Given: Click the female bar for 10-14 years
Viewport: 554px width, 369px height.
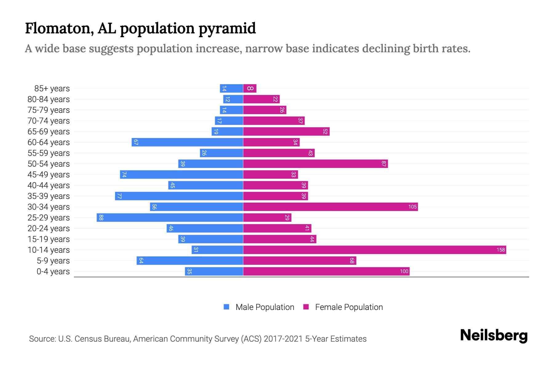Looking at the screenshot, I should click(x=375, y=250).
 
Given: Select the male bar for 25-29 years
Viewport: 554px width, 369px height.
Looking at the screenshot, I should click(x=170, y=218).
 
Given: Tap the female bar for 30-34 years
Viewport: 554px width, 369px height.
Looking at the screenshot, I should click(x=330, y=207).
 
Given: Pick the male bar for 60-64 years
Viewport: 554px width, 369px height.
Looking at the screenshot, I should click(x=187, y=142).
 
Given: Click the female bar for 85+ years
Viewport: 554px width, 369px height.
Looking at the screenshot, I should click(x=250, y=89).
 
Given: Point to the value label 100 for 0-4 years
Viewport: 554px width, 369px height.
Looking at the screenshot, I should click(x=404, y=272).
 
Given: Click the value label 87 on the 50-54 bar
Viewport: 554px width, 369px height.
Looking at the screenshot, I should click(x=383, y=164).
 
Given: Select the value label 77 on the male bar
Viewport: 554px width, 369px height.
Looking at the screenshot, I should click(x=119, y=196).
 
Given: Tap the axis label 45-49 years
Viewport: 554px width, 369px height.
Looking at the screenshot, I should click(x=49, y=175).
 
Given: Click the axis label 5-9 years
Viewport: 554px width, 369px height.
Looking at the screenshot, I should click(x=53, y=261).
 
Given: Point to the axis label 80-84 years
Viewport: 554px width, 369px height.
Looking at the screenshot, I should click(x=49, y=99).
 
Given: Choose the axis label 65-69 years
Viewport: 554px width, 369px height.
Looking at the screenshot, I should click(x=49, y=132).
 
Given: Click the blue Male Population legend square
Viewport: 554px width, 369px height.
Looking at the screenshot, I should click(x=227, y=307).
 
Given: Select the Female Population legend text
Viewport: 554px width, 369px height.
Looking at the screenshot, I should click(x=349, y=307).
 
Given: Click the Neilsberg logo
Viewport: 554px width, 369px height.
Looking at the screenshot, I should click(x=494, y=335).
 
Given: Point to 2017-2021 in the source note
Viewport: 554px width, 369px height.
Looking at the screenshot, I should click(x=283, y=339).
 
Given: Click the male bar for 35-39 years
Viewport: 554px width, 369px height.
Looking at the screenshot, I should click(x=179, y=196).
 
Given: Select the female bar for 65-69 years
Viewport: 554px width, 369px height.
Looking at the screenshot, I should click(x=286, y=132).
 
